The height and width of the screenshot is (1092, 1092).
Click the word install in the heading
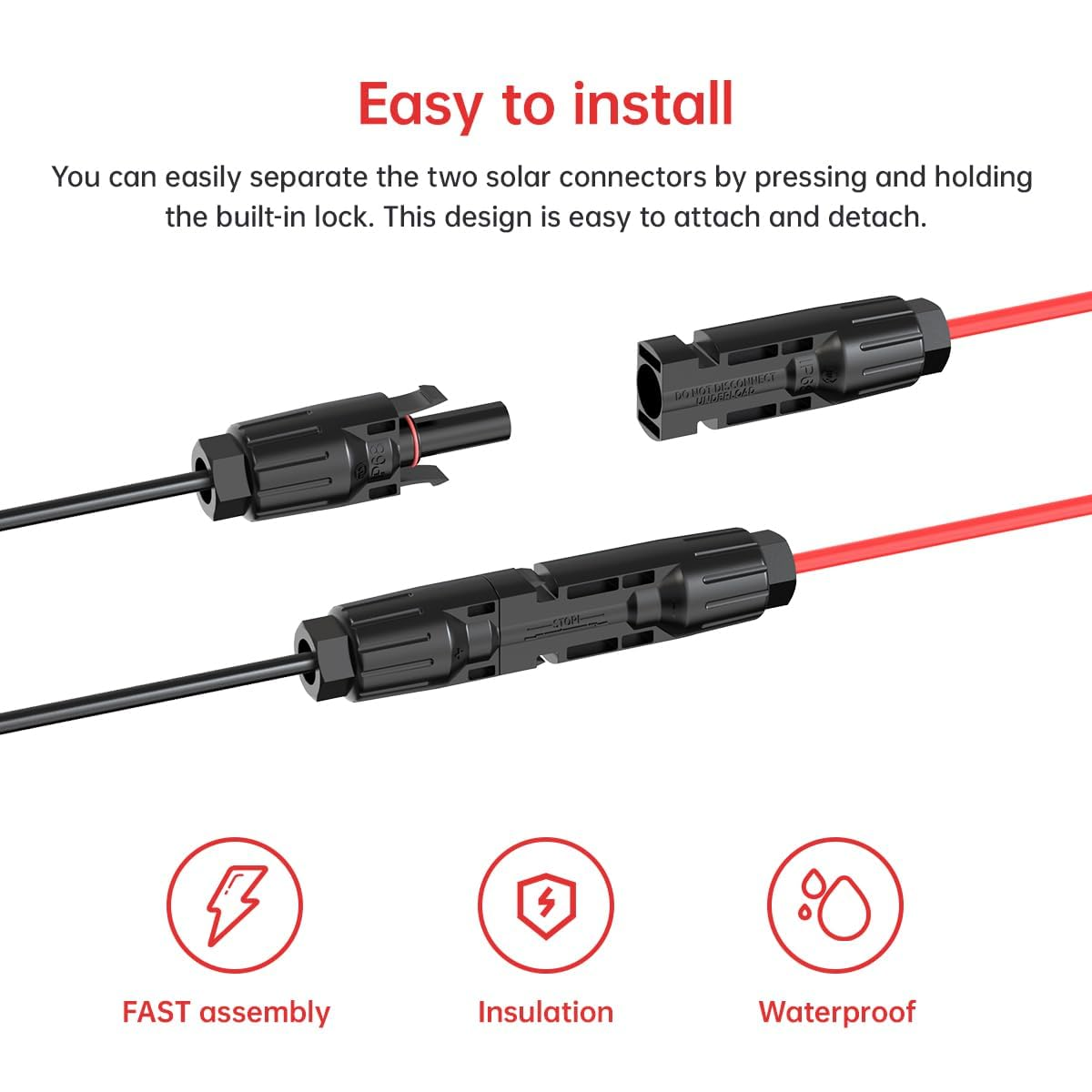coord(652,103)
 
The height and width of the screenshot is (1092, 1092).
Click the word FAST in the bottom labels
coord(157,1012)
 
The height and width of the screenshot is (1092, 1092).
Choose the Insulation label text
coord(545,1012)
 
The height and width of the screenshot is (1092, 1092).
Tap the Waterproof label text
coord(836,1012)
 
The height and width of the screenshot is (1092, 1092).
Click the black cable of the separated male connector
coord(91,503)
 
